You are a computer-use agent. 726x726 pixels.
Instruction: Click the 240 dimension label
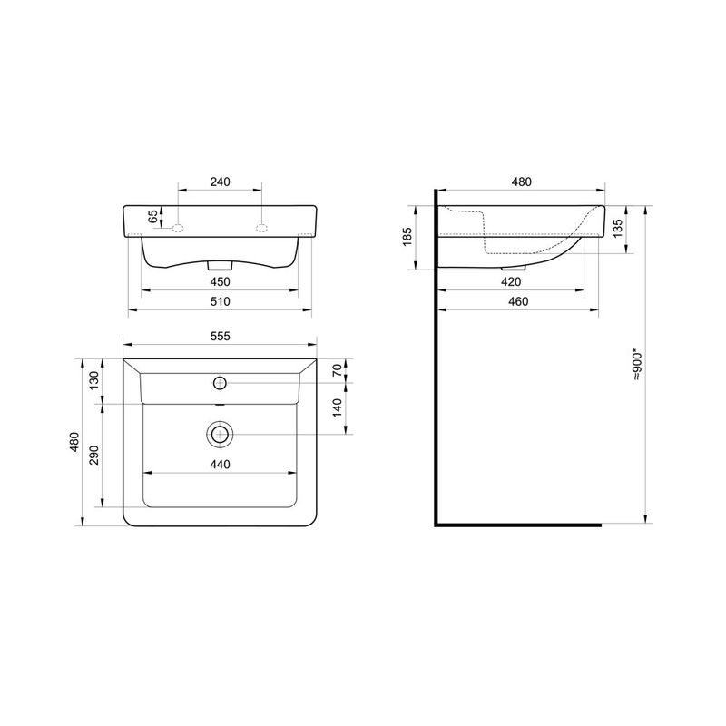[x=220, y=182]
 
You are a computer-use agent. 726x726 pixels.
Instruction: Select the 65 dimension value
[x=152, y=216]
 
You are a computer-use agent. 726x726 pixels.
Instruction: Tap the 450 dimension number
[x=220, y=281]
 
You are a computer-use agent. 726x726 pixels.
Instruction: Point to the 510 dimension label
[x=220, y=301]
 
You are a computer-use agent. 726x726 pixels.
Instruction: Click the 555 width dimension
[x=220, y=336]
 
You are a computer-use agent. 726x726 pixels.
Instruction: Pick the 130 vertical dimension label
[x=94, y=380]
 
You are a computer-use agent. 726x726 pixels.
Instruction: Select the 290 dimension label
[x=94, y=456]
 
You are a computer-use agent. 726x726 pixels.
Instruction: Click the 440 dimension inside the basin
[x=220, y=464]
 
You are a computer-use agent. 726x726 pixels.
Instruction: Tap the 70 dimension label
[x=337, y=370]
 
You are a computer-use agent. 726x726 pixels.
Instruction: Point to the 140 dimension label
[x=337, y=407]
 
